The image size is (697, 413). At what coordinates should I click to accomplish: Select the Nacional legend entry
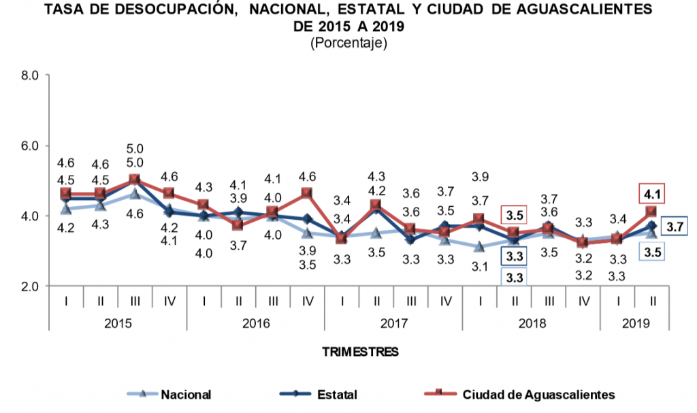coord(185,394)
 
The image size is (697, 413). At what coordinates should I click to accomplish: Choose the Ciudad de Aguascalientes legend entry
coord(538,394)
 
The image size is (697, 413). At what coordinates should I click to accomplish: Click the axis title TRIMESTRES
coord(359,352)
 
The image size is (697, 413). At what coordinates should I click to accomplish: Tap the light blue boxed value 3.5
coord(651,252)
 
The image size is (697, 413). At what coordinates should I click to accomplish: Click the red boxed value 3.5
coord(514,216)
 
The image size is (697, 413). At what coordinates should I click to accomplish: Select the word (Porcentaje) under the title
coord(348,43)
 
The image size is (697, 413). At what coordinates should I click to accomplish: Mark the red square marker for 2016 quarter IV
coord(307,193)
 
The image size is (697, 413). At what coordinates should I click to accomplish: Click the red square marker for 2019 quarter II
coord(651,212)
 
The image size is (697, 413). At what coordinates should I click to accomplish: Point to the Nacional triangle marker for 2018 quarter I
coord(479,247)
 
